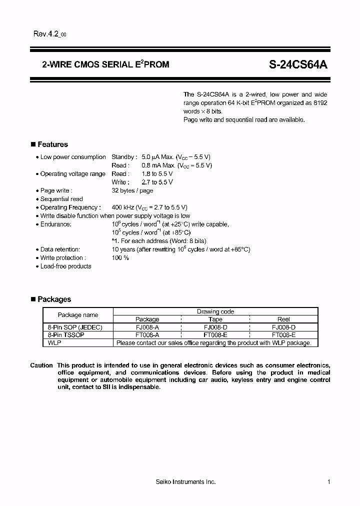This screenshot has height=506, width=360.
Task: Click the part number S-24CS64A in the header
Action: pyautogui.click(x=298, y=64)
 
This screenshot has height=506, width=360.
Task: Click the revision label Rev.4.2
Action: pyautogui.click(x=46, y=34)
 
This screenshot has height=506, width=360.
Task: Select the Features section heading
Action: pyautogui.click(x=52, y=144)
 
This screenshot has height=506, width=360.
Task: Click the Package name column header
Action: pyautogui.click(x=78, y=315)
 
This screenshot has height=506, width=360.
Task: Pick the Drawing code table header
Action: pyautogui.click(x=215, y=311)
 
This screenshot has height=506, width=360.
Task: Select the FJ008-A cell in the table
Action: pyautogui.click(x=147, y=327)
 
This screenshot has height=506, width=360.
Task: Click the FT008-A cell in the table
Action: pyautogui.click(x=147, y=335)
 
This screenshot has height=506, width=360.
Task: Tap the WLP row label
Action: pyautogui.click(x=54, y=343)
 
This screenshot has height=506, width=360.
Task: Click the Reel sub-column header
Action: pyautogui.click(x=283, y=319)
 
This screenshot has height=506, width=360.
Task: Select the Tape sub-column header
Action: pyautogui.click(x=215, y=319)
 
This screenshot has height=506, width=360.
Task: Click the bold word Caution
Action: pyautogui.click(x=41, y=365)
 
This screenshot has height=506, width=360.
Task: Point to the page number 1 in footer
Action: pyautogui.click(x=329, y=482)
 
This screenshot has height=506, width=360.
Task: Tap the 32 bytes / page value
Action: pyautogui.click(x=132, y=190)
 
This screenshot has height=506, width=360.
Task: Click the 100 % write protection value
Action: pyautogui.click(x=120, y=258)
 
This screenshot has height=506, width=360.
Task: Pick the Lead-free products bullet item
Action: pyautogui.click(x=65, y=266)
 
